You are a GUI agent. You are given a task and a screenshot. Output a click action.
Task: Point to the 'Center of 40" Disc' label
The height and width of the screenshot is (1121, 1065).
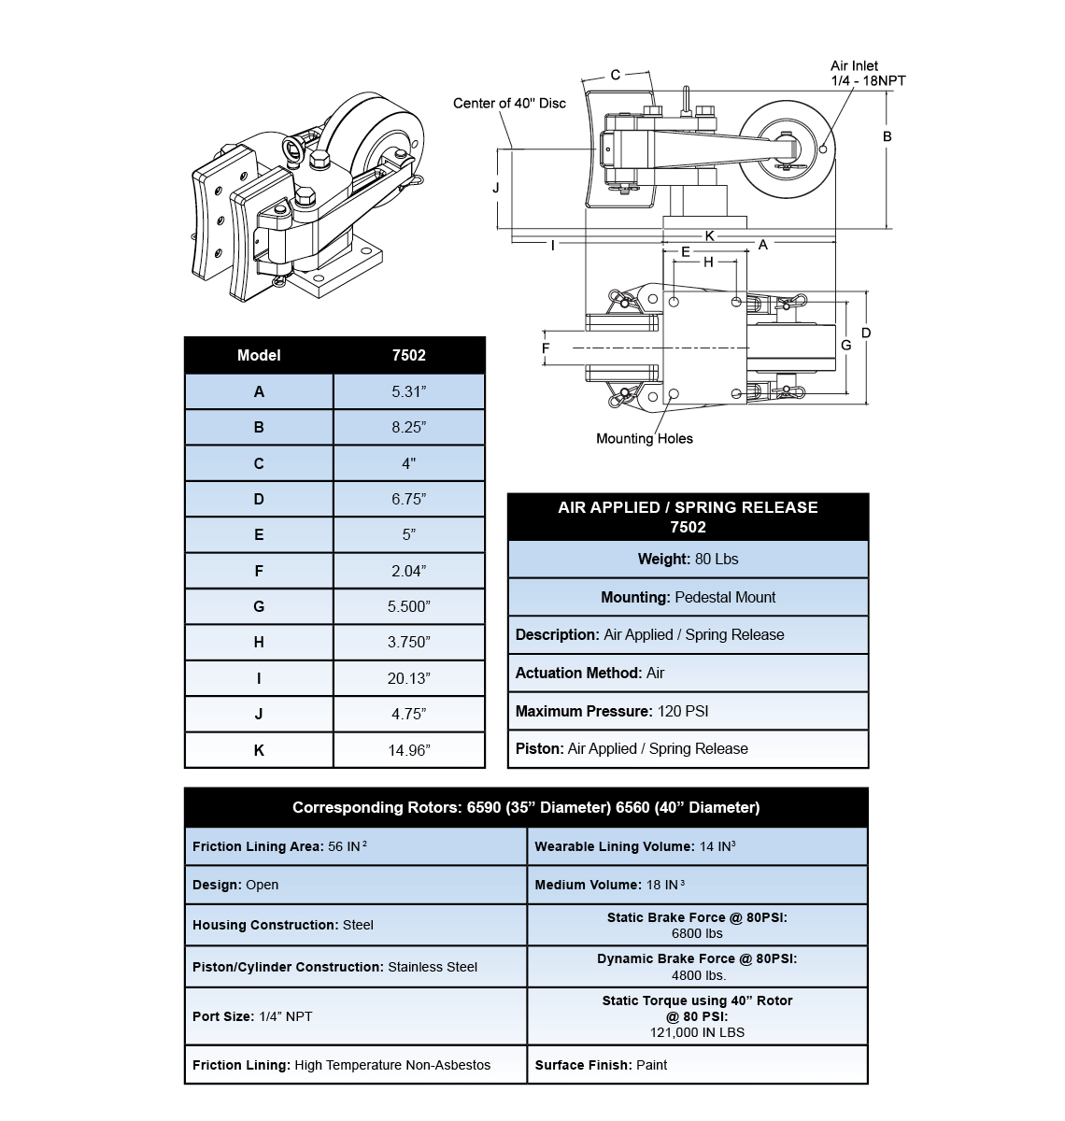coord(509,103)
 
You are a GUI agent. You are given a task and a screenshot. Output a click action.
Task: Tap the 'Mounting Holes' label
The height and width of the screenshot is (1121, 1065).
coord(645,438)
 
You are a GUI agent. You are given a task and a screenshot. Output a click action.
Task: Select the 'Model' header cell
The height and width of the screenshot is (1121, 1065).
coord(259,355)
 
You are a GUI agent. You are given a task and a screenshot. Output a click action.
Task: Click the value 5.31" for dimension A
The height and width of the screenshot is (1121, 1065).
coord(409,391)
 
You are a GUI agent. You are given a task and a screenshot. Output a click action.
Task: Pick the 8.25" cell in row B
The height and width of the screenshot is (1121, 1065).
coord(409,427)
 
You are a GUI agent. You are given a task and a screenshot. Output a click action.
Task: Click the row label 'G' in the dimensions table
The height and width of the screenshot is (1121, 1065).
coord(259,606)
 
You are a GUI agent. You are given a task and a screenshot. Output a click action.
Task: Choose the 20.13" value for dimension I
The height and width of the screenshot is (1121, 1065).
coord(409,678)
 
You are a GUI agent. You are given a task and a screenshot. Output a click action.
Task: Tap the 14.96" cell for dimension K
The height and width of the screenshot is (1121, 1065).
coord(409,750)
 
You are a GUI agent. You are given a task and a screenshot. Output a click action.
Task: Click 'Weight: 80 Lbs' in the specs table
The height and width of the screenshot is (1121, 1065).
coord(688,559)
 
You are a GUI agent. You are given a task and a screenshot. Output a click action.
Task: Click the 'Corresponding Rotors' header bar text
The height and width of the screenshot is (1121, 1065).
coord(526,807)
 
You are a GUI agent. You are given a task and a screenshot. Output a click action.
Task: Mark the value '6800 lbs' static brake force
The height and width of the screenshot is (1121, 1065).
coord(697,933)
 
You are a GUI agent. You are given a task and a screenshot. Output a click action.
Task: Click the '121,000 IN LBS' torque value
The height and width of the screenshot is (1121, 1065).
coord(697,1032)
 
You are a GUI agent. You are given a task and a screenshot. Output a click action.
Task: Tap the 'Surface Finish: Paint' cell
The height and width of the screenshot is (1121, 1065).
coord(601,1065)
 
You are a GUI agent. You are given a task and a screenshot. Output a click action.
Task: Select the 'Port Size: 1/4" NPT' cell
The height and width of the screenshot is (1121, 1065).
coord(252,1016)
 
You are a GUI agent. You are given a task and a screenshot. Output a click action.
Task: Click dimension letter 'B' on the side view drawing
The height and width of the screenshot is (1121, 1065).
coord(887,136)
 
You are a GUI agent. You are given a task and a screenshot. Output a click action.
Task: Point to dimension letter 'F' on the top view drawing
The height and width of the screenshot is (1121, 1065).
coord(547,348)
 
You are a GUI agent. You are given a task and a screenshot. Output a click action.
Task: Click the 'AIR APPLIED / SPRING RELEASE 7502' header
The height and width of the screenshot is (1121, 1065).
coord(688,517)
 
